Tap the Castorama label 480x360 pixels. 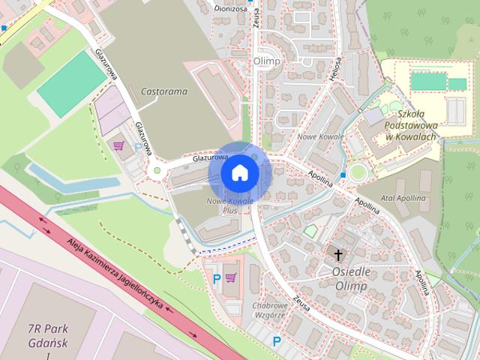click(x=163, y=91)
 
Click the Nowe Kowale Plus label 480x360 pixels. click(x=231, y=206)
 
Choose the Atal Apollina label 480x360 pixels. click(x=403, y=198)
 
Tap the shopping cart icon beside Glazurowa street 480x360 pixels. click(x=118, y=145)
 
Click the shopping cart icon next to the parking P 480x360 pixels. click(x=231, y=279)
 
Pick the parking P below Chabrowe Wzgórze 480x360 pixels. click(x=277, y=342)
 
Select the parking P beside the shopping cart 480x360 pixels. click(x=217, y=279)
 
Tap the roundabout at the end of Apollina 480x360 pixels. click(x=357, y=173)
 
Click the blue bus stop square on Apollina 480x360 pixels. click(x=343, y=175)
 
